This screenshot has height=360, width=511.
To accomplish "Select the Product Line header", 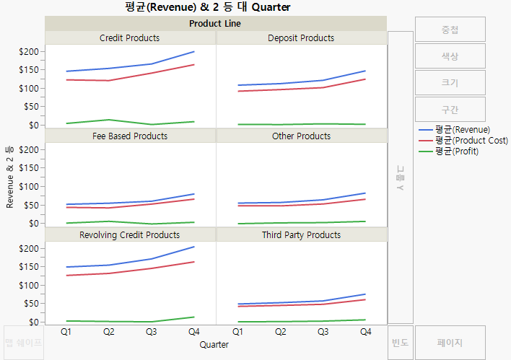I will click(215, 23).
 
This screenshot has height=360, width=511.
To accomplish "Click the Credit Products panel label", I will click(130, 38).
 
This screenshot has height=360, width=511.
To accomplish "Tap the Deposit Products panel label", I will click(301, 38).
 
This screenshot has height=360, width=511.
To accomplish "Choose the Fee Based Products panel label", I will click(130, 136).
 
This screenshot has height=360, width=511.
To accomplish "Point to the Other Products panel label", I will click(301, 136).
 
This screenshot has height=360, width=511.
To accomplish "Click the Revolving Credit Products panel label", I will click(130, 234).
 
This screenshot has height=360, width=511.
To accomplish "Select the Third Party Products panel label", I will click(301, 234).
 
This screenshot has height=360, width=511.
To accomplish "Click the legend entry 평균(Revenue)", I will click(462, 130).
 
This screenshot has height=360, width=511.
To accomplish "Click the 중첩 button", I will click(450, 30).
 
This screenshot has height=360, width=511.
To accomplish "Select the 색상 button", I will click(450, 56).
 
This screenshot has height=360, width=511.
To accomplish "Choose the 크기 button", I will click(450, 83).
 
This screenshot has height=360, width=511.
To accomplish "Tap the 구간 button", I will click(450, 110).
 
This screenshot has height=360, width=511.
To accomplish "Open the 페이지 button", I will click(450, 343).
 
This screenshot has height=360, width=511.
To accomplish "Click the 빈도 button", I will click(400, 343).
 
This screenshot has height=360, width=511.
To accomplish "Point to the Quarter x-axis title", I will click(216, 345).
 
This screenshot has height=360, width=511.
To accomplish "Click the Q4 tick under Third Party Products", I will click(365, 332).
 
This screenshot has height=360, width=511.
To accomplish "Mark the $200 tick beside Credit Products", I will click(31, 52).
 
